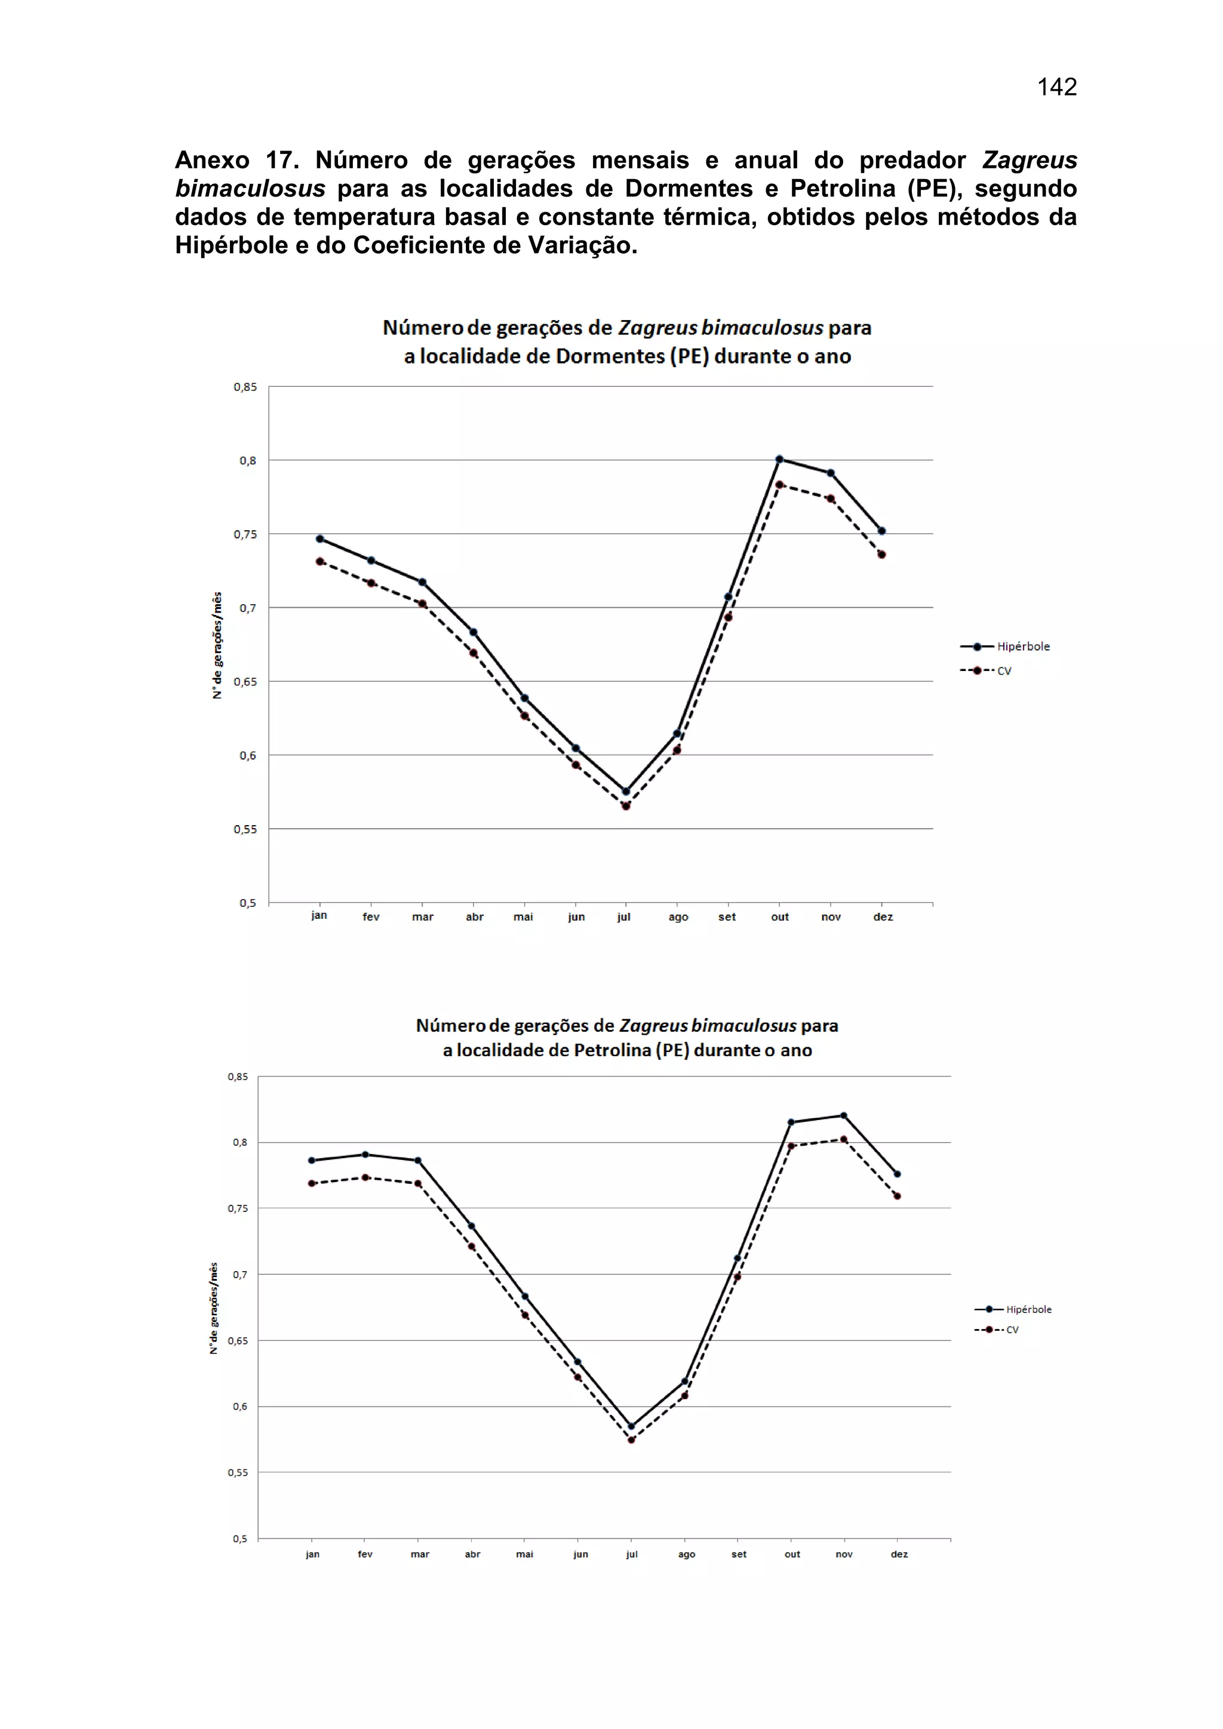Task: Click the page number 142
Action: (1056, 87)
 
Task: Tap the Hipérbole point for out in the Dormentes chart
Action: (779, 459)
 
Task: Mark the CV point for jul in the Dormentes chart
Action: (626, 806)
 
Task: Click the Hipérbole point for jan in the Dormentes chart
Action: (319, 539)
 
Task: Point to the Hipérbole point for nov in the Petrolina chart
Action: (843, 1115)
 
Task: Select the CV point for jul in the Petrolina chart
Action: (631, 1440)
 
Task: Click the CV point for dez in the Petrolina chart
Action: (897, 1196)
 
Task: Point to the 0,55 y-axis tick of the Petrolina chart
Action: (237, 1473)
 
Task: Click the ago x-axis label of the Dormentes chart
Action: (678, 917)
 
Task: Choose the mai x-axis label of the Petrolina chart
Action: (524, 1554)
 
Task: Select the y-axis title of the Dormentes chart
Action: (217, 645)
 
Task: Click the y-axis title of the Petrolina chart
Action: (214, 1308)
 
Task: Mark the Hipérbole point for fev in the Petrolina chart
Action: (365, 1155)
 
